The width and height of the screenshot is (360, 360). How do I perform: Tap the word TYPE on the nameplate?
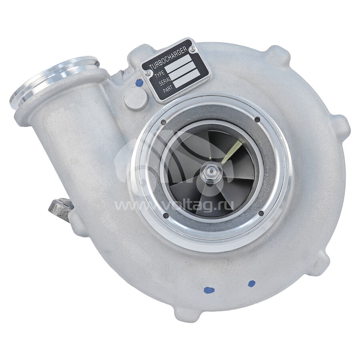tap(159, 74)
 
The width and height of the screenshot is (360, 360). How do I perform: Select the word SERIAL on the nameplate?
tap(165, 82)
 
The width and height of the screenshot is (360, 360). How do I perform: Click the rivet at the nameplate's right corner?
tap(192, 48)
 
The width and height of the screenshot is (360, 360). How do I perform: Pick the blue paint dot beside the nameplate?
tap(138, 82)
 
